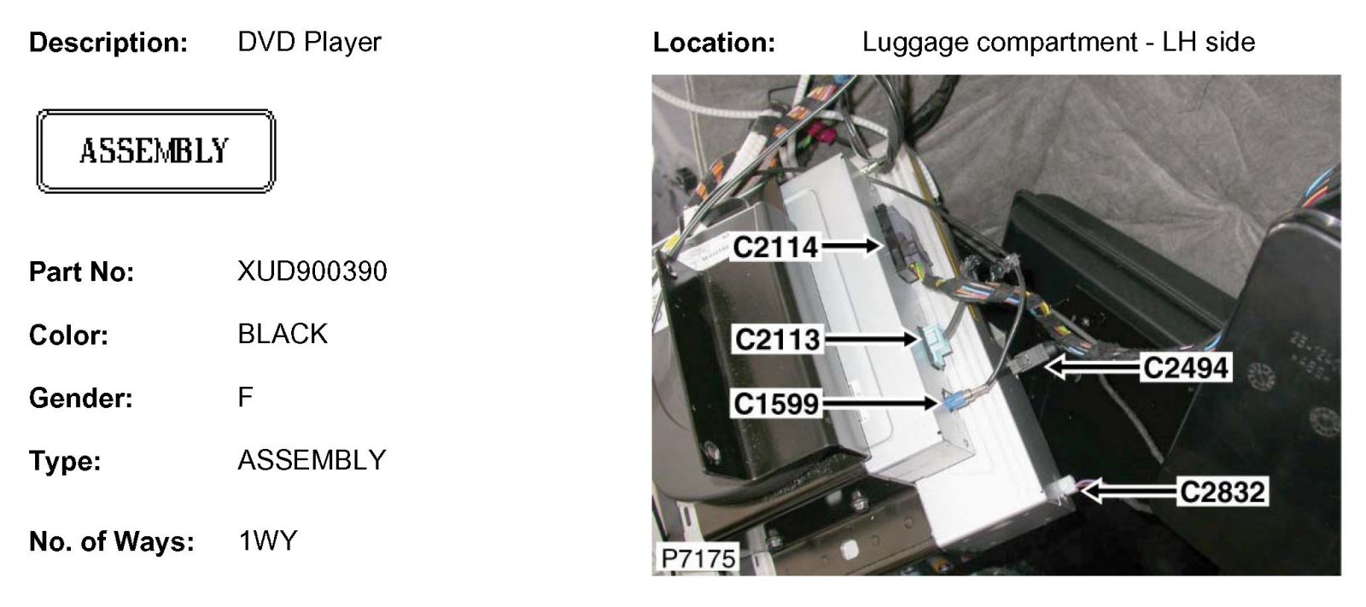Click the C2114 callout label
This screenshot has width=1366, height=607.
775,248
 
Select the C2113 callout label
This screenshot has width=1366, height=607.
777,340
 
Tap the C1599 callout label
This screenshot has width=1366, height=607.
776,403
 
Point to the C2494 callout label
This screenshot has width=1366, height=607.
1185,368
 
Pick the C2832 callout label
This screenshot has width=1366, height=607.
1222,492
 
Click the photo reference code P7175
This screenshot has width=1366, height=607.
698,558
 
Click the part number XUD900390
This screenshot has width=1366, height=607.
312,271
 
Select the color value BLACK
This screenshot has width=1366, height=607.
283,334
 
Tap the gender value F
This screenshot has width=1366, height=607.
245,397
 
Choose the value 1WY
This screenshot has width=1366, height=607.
268,541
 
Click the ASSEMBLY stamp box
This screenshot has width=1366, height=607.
155,151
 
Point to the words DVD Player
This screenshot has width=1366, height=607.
309,42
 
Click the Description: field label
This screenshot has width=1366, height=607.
108,43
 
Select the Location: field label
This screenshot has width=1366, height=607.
714,43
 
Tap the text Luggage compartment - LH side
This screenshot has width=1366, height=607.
1058,42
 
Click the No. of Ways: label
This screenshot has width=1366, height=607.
111,542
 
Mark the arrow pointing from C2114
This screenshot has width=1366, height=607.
851,247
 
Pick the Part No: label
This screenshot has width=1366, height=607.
81,272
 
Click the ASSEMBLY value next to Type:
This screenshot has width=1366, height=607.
312,460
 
